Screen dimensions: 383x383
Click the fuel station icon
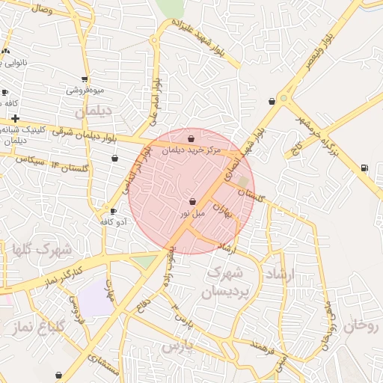(x=364, y=168)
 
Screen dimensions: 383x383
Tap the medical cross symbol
(x=15, y=118)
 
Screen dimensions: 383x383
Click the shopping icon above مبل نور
(x=193, y=201)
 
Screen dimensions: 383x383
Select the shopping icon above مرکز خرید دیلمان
(x=191, y=138)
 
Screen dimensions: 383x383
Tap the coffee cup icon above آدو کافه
(x=114, y=211)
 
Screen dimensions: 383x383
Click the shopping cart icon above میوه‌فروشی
(x=85, y=79)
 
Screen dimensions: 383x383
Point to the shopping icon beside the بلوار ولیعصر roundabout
(x=271, y=101)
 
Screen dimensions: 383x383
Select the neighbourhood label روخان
(x=364, y=326)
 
